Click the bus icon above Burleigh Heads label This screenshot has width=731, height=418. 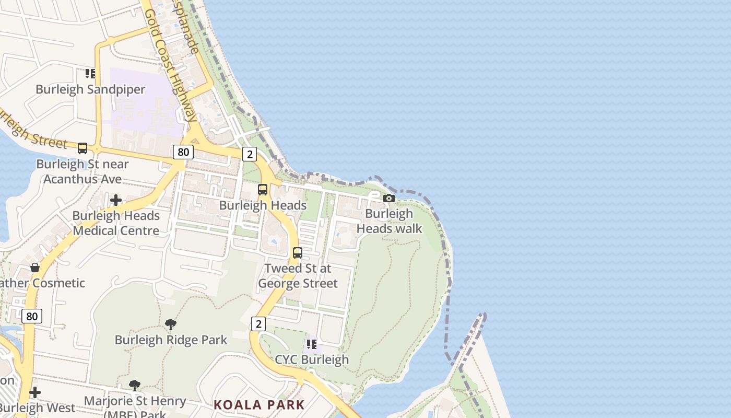263,190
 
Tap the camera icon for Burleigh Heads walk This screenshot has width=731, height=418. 389,198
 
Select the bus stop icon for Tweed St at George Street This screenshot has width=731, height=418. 298,253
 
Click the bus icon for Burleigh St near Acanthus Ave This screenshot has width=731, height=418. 82,148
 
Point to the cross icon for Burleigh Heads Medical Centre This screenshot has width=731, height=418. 116,200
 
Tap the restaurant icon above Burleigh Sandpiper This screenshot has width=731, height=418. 90,74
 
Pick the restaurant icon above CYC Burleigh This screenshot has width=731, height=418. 312,344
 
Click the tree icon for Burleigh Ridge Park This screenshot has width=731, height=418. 171,324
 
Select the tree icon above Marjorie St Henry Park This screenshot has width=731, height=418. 135,386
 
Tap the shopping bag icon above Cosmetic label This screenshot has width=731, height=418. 35,268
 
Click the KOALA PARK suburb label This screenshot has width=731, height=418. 259,405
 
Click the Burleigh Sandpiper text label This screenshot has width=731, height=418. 90,89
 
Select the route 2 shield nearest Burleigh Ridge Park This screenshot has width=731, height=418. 258,324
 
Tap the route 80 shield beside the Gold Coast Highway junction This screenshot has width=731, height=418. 183,152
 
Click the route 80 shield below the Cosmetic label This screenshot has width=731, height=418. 32,316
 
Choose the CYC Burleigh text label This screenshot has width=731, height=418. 312,359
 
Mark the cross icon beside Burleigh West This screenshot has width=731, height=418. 35,392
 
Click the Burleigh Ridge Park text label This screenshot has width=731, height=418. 171,340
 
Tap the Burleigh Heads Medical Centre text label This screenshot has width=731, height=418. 116,223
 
